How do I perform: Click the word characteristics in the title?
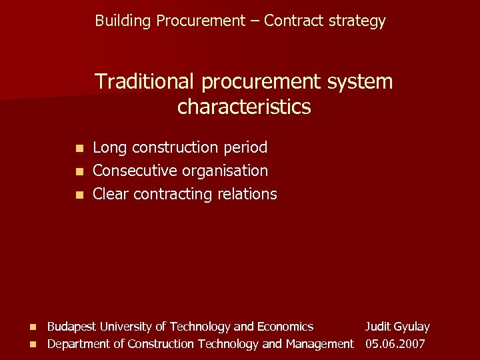point(244,107)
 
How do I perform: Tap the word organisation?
point(227,171)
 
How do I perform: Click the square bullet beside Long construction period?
point(79,148)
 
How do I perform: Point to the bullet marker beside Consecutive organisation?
point(79,171)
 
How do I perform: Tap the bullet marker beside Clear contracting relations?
point(79,195)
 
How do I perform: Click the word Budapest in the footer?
point(72,327)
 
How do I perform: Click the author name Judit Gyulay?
point(397,327)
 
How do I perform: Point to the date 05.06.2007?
point(395,344)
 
